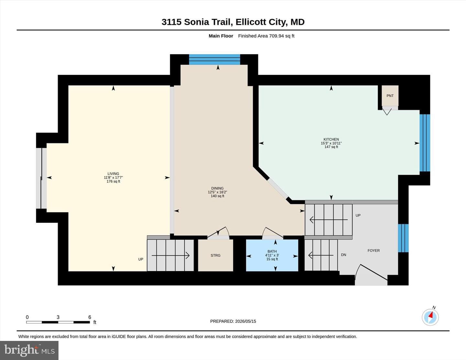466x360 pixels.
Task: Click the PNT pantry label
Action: (x=390, y=96)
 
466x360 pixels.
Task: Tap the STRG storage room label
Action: (x=215, y=256)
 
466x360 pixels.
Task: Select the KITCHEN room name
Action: (x=331, y=139)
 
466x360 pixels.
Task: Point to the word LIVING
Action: (x=113, y=174)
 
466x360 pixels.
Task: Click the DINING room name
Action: (x=217, y=188)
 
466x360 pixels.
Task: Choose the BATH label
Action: (x=272, y=251)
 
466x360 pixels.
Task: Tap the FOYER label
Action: (x=373, y=250)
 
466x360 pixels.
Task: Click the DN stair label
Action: (x=344, y=255)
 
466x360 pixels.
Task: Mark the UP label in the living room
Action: (x=141, y=259)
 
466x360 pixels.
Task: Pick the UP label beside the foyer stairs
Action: (x=358, y=215)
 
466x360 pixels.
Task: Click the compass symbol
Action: (x=430, y=317)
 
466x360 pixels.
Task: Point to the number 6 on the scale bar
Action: (x=90, y=317)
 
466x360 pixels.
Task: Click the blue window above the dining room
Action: (x=215, y=60)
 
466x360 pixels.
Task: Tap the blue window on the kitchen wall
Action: (x=425, y=143)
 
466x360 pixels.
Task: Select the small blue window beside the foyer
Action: (x=403, y=238)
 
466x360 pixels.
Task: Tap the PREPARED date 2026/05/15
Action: (x=246, y=321)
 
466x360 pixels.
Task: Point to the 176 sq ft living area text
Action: (x=113, y=181)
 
